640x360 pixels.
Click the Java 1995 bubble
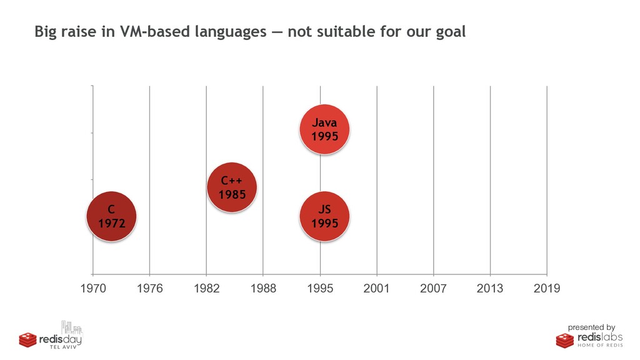(324, 129)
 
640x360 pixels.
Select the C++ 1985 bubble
(232, 187)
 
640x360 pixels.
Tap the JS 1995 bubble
(324, 216)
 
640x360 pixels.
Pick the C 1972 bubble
(111, 216)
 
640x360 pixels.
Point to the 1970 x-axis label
(93, 289)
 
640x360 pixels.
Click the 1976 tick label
(150, 289)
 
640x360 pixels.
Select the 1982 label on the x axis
(206, 289)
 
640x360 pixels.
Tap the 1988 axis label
(263, 289)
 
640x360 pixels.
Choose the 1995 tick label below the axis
(320, 289)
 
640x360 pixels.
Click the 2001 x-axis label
(376, 289)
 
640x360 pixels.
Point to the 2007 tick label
(433, 289)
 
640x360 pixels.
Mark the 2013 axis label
(490, 289)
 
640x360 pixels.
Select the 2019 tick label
(547, 289)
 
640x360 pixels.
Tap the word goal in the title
(451, 32)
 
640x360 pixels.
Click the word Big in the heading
(46, 32)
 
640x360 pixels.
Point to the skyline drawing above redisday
(72, 327)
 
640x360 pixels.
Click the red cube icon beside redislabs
(565, 341)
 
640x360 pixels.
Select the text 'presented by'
(591, 327)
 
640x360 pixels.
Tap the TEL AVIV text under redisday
(63, 347)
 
